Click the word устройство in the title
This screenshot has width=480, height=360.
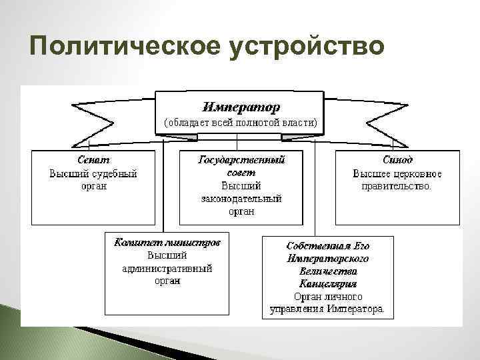tap(307, 48)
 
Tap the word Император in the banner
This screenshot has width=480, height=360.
tap(241, 107)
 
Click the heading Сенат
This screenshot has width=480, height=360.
tap(93, 160)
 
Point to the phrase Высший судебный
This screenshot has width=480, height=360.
tap(93, 173)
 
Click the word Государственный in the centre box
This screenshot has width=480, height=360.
tap(241, 160)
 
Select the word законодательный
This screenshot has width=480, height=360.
tap(241, 199)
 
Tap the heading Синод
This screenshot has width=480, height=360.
tap(397, 160)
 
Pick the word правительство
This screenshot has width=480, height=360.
tap(397, 186)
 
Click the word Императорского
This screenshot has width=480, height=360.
tap(327, 258)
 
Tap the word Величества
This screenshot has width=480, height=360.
tap(327, 271)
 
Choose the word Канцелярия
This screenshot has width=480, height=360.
tap(327, 283)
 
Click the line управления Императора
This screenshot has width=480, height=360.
tap(327, 309)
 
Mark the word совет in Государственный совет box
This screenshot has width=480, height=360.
tap(241, 173)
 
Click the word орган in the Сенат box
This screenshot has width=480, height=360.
tap(93, 186)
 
